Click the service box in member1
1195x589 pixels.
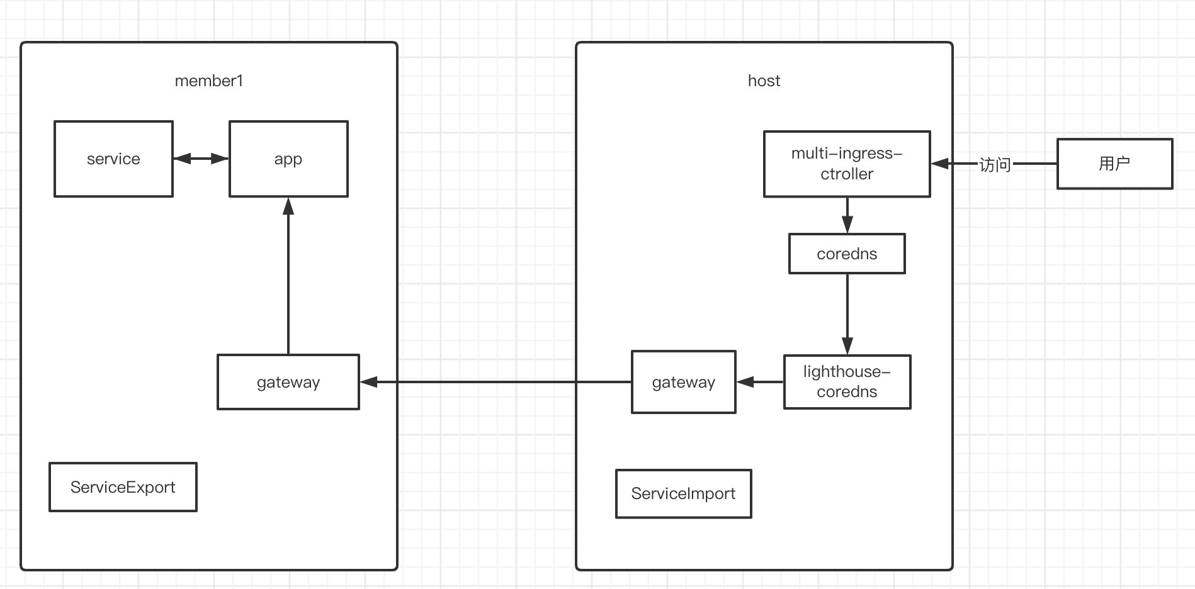pyautogui.click(x=113, y=159)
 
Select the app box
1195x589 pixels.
pyautogui.click(x=288, y=159)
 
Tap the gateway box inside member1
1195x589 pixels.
pyautogui.click(x=288, y=382)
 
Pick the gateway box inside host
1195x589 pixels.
pyautogui.click(x=684, y=382)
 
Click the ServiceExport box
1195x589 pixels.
pyautogui.click(x=123, y=487)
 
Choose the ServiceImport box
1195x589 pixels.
pyautogui.click(x=684, y=494)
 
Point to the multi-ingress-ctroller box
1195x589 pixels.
pyautogui.click(x=847, y=164)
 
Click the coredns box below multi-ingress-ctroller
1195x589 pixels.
pyautogui.click(x=847, y=254)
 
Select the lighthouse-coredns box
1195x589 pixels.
pyautogui.click(x=847, y=382)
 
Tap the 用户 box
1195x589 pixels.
pyautogui.click(x=1114, y=164)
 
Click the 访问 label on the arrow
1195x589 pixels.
pyautogui.click(x=995, y=165)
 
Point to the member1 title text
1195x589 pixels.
pyautogui.click(x=208, y=81)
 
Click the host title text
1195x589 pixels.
pyautogui.click(x=764, y=81)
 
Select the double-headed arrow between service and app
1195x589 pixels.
pyautogui.click(x=201, y=159)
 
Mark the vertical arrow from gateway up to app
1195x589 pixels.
pyautogui.click(x=288, y=276)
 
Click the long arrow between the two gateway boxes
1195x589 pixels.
pyautogui.click(x=496, y=382)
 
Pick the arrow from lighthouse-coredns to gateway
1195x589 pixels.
pyautogui.click(x=760, y=382)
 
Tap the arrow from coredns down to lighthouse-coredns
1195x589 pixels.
pyautogui.click(x=847, y=314)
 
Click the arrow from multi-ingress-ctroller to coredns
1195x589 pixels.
pyautogui.click(x=847, y=215)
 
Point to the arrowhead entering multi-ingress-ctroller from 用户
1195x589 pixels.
pyautogui.click(x=940, y=164)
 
